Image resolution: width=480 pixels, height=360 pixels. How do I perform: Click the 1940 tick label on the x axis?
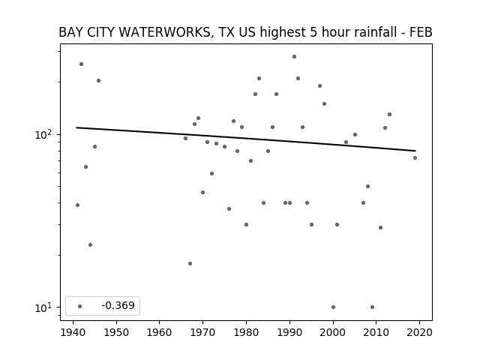(x=73, y=332)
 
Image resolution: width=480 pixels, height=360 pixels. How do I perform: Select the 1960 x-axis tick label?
(x=160, y=332)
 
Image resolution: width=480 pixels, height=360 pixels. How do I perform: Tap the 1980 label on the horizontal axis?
(x=246, y=332)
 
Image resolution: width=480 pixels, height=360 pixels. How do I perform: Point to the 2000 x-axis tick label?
(x=333, y=332)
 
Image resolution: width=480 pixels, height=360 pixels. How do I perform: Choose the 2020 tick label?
(x=419, y=332)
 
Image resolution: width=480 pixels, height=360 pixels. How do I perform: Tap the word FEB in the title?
(x=421, y=32)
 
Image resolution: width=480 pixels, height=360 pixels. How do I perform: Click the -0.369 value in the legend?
(x=118, y=305)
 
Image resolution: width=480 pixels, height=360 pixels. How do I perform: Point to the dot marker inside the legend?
(x=80, y=306)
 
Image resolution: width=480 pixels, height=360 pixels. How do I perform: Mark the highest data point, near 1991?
(x=294, y=57)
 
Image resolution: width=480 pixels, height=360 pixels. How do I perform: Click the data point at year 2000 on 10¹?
(x=333, y=307)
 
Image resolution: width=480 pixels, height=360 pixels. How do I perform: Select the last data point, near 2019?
(x=415, y=158)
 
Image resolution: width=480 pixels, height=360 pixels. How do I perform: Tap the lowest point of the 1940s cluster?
(x=90, y=245)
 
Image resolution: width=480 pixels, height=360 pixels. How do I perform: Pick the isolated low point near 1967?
(x=190, y=263)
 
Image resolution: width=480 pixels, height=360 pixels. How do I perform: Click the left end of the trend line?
(x=76, y=127)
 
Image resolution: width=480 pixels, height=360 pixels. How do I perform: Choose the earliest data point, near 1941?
(x=77, y=205)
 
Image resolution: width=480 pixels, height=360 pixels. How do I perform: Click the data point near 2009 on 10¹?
(x=372, y=307)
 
